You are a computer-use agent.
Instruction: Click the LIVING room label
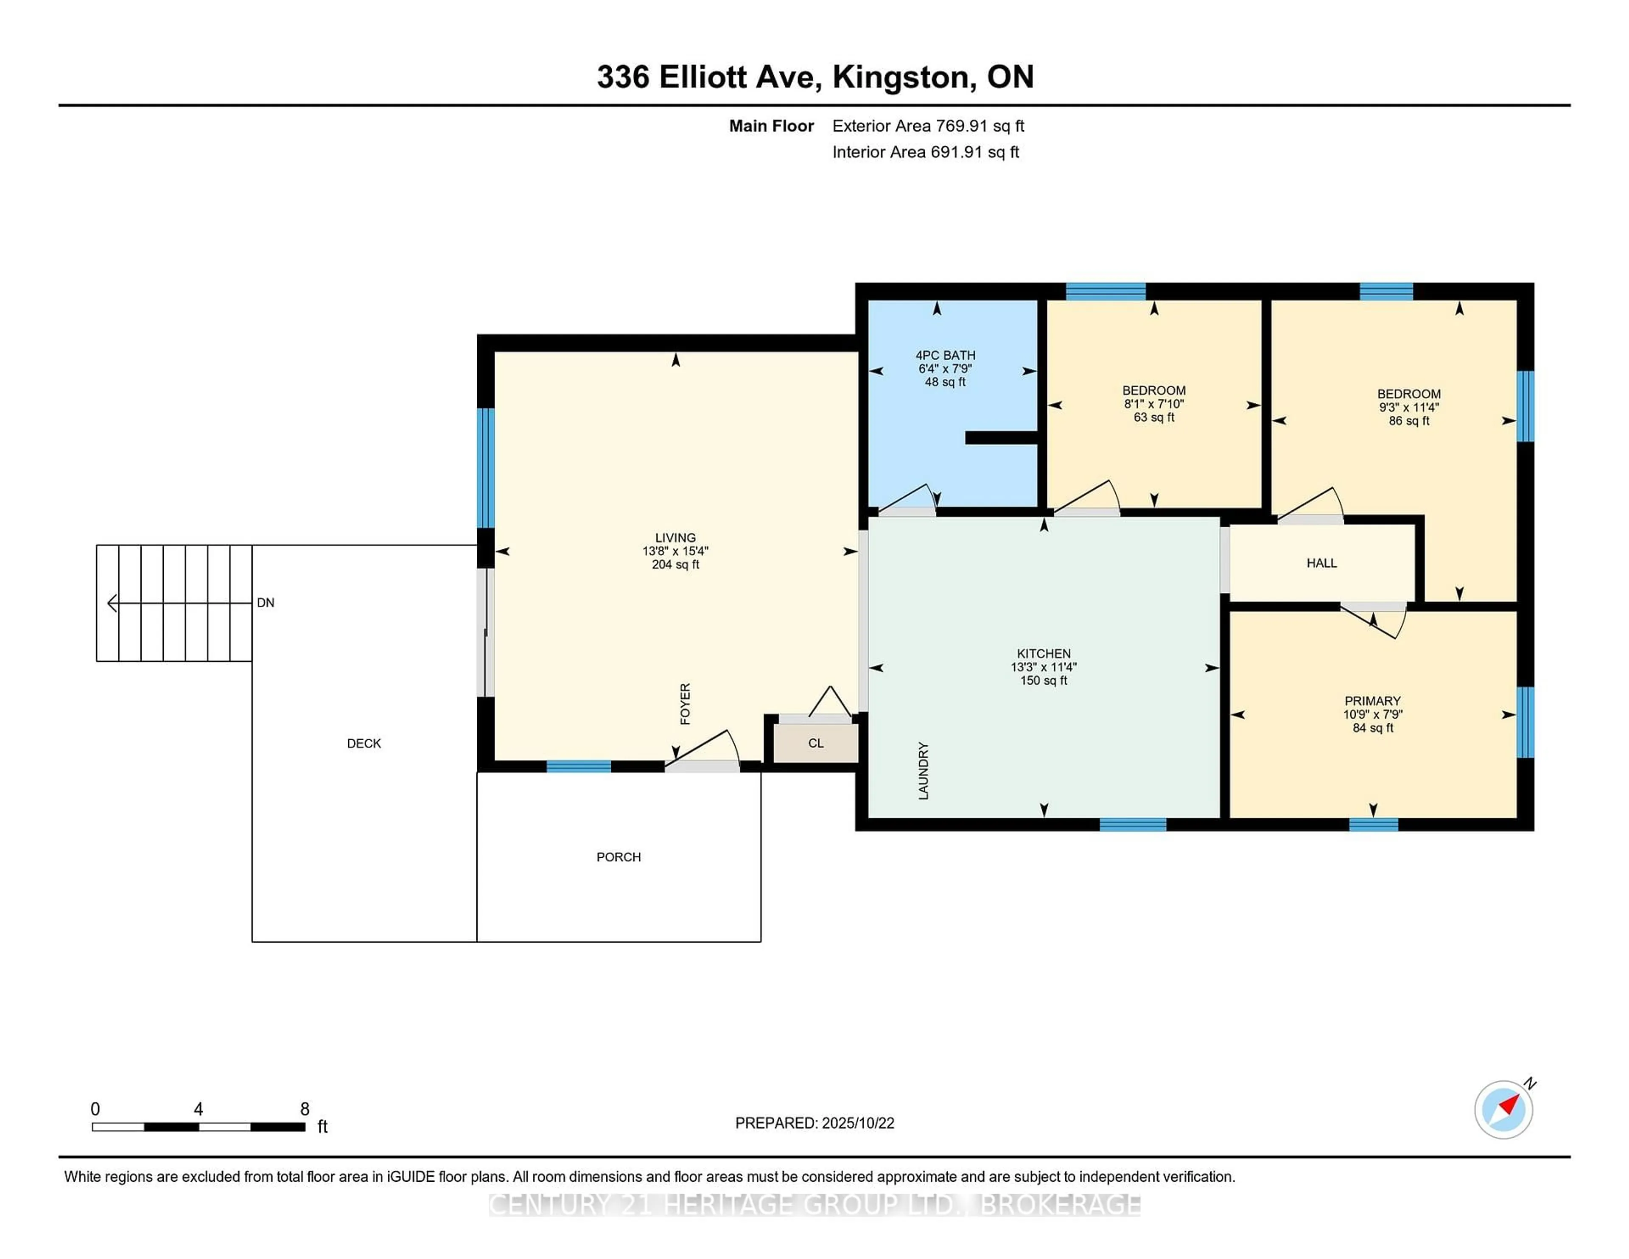tap(675, 537)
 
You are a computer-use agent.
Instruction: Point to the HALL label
tap(1321, 563)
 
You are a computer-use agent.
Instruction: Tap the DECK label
tap(364, 743)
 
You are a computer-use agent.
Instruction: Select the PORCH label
tap(619, 857)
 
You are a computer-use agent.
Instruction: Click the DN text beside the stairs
tap(266, 603)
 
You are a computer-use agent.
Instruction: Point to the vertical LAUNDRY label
tap(924, 770)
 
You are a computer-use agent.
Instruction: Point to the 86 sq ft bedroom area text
tap(1408, 421)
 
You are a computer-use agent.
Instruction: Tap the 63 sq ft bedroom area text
tap(1154, 417)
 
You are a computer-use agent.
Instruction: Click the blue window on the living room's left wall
tap(486, 467)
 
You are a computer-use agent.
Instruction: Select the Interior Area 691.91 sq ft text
tap(925, 152)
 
